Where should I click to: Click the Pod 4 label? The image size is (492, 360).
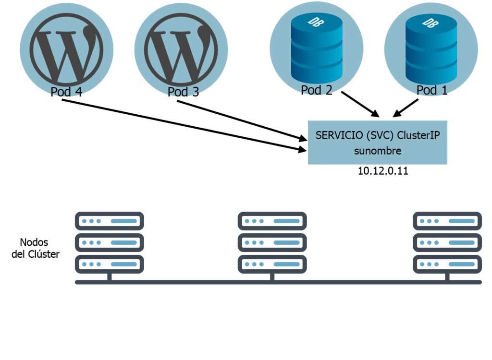[x=66, y=92]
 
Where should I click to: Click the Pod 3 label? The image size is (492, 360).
[x=183, y=92]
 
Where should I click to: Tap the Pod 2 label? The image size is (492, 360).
[x=317, y=90]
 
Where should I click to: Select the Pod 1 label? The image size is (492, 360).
[x=432, y=90]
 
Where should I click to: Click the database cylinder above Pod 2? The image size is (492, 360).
[x=317, y=48]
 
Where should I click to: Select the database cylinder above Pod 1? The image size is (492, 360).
[x=431, y=48]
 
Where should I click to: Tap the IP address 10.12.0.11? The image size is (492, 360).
[x=383, y=171]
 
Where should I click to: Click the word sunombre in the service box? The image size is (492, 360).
[x=378, y=151]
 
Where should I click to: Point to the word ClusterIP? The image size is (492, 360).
[x=418, y=135]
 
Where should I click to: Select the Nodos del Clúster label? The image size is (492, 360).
[x=35, y=248]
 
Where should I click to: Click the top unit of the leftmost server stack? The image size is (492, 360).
[x=110, y=221]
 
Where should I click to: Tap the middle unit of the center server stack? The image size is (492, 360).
[x=272, y=242]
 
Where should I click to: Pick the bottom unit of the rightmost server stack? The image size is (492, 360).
[x=447, y=264]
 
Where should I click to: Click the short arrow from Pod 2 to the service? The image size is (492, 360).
[x=360, y=104]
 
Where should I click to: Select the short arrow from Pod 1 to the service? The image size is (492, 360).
[x=406, y=108]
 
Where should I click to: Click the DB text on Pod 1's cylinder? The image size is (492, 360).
[x=426, y=22]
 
